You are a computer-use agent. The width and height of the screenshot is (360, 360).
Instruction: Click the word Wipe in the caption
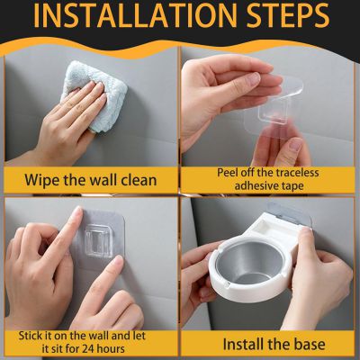point(41,180)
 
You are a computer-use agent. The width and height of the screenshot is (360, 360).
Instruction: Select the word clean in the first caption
point(139,180)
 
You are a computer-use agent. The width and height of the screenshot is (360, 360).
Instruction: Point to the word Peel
point(229,173)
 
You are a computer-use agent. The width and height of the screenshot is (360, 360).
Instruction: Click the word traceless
point(298,173)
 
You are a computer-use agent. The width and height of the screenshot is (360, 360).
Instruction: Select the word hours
point(112,348)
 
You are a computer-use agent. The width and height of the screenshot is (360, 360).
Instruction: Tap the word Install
point(244,344)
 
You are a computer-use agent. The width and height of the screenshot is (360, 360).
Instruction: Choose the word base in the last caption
point(310,345)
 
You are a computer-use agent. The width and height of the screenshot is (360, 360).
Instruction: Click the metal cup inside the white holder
point(249,262)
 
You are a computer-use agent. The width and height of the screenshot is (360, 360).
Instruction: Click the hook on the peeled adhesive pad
point(273,115)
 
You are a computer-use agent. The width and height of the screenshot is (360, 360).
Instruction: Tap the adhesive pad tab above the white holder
point(288,211)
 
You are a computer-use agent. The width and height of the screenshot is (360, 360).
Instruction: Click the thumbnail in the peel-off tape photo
point(296,145)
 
